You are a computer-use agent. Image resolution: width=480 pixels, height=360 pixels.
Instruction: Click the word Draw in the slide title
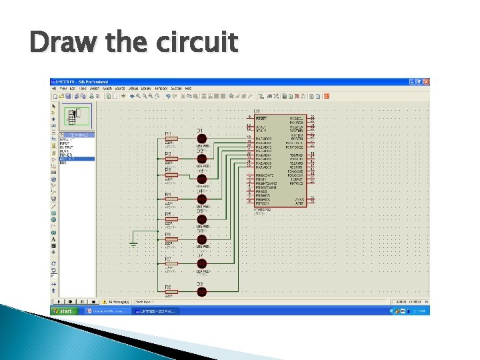click(x=57, y=43)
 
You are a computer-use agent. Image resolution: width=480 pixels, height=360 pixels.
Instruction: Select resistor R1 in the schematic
click(x=171, y=139)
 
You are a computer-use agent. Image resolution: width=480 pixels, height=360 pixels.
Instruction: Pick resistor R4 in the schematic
click(x=171, y=199)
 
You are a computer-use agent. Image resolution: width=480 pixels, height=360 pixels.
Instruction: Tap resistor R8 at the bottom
click(x=171, y=291)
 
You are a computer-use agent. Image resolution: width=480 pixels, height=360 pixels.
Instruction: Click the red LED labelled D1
click(x=202, y=139)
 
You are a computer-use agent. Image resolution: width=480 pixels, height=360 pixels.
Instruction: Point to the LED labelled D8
click(x=202, y=291)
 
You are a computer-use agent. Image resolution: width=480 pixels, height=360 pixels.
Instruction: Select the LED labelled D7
click(x=202, y=264)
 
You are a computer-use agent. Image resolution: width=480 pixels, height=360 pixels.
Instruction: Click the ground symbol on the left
click(x=133, y=244)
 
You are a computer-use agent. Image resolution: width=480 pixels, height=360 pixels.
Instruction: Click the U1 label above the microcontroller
click(x=257, y=110)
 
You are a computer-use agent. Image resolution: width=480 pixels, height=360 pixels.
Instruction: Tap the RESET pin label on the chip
click(x=261, y=118)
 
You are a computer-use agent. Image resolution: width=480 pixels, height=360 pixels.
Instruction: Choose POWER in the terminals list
click(x=65, y=155)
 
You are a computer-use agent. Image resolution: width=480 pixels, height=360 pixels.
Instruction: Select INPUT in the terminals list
click(x=65, y=143)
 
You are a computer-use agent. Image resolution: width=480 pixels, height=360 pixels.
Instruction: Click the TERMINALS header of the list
click(x=79, y=134)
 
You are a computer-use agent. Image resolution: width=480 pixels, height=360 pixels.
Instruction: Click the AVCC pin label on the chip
click(x=299, y=199)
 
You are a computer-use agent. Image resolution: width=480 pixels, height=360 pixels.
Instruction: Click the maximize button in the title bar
click(x=419, y=81)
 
